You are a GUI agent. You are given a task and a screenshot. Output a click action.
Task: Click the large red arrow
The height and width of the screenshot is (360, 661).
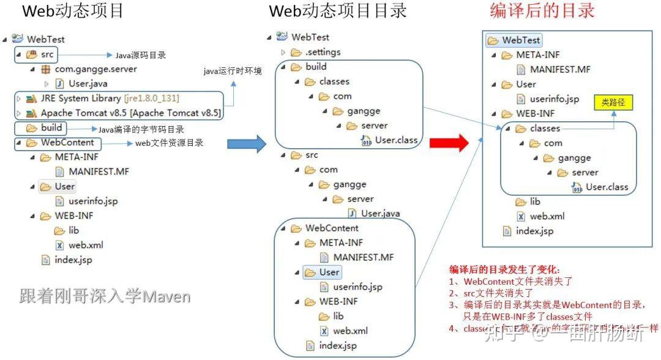click(449, 143)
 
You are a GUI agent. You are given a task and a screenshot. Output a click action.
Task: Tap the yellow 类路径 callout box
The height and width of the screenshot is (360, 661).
click(613, 102)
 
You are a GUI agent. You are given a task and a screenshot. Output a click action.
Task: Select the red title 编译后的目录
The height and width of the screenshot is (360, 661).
click(542, 11)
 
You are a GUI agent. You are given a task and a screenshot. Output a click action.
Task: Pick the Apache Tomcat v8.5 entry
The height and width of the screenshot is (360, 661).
click(131, 113)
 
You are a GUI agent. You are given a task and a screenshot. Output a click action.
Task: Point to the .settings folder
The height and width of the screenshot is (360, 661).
click(323, 52)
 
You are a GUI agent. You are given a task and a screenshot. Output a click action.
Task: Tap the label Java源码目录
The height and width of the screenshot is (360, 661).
click(140, 55)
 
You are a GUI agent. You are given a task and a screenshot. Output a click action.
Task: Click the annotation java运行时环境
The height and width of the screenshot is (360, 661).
click(233, 72)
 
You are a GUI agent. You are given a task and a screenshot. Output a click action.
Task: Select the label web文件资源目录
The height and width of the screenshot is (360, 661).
click(169, 143)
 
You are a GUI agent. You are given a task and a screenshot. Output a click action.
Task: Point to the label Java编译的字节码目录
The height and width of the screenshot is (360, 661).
click(141, 129)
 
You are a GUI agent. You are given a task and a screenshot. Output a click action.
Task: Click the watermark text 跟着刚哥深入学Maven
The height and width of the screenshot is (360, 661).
click(105, 296)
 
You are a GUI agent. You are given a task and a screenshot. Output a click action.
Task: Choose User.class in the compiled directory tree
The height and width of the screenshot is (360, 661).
click(607, 187)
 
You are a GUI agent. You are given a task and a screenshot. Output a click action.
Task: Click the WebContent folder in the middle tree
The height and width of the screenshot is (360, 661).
click(332, 228)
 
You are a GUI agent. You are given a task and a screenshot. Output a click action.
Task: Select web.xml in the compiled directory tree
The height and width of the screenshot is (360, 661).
click(547, 216)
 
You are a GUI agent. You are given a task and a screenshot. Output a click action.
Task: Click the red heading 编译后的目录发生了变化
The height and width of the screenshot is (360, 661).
click(504, 270)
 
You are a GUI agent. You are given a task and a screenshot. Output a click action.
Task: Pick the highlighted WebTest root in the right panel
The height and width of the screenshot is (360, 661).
click(521, 40)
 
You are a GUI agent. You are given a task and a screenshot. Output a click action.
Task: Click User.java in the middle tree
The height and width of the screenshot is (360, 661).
click(380, 214)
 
